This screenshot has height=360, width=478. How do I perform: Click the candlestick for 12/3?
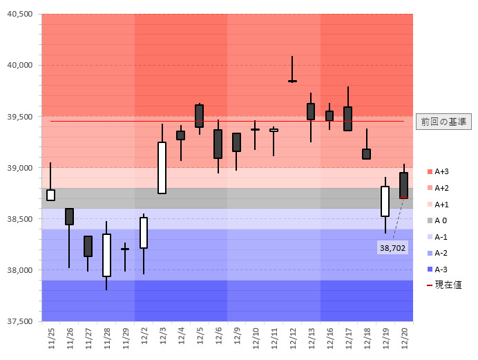(x=162, y=168)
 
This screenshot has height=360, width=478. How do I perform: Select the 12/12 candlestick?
(x=292, y=81)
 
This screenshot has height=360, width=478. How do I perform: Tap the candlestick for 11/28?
(x=106, y=255)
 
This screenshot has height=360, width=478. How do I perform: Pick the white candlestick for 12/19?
(x=385, y=201)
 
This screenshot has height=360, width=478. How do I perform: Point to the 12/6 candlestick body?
(x=218, y=144)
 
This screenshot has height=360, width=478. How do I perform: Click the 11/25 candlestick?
(x=50, y=195)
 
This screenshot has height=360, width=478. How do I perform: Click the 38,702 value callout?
(x=392, y=247)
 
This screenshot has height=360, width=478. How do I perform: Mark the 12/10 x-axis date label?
(x=256, y=337)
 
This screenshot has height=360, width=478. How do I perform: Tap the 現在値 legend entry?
(x=444, y=285)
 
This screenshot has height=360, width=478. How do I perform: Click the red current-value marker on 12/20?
(x=403, y=198)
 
